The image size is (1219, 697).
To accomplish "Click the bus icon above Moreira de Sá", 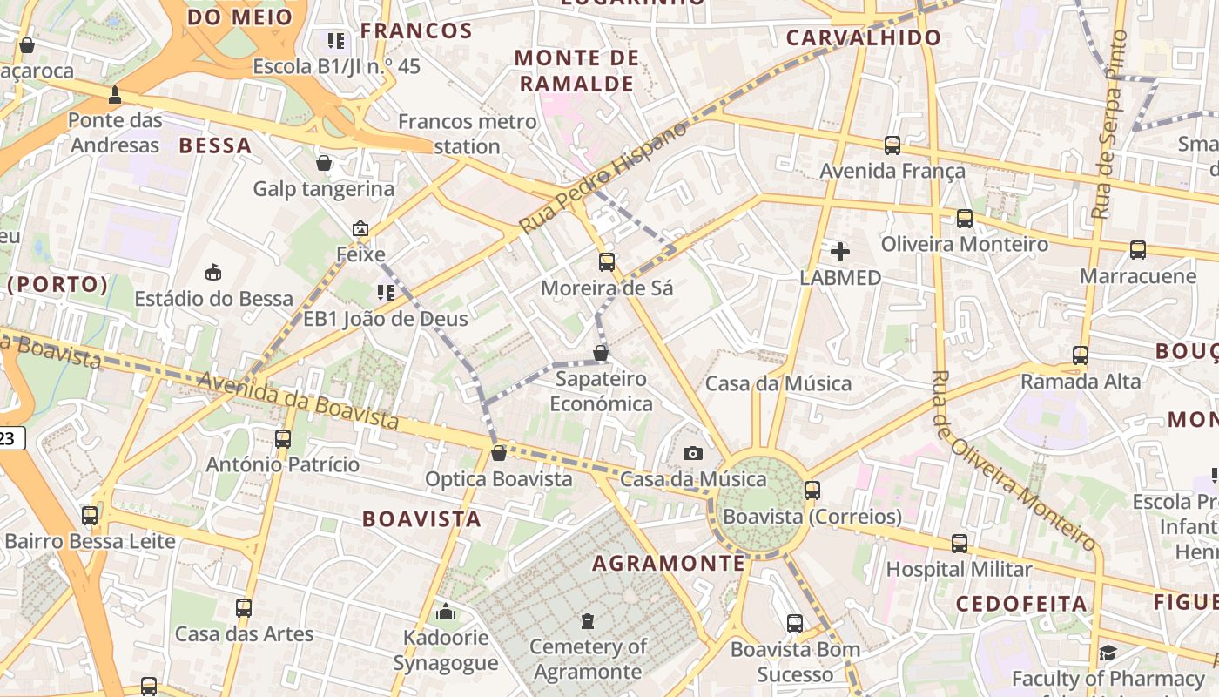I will tap(607, 261).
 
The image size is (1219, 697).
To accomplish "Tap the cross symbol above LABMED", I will tap(840, 252).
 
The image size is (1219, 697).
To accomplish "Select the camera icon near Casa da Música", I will tap(693, 453).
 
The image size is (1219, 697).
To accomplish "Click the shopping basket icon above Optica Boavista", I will tap(499, 453).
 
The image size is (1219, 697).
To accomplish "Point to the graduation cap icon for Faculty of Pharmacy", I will tap(1108, 653).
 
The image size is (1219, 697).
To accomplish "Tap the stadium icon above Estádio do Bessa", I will tap(213, 273).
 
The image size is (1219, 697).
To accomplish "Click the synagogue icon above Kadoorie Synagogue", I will tap(446, 612).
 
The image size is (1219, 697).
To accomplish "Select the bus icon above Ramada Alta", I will tap(1081, 355).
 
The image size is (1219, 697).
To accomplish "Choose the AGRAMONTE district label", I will tap(669, 563).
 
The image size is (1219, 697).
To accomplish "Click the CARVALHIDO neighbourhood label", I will tap(863, 37).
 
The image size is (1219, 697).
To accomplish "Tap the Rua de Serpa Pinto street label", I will tap(1109, 125).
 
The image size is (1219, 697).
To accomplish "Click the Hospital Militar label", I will tap(959, 570).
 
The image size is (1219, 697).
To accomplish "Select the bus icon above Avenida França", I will tap(892, 145).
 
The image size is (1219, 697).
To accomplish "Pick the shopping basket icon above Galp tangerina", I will tap(324, 163).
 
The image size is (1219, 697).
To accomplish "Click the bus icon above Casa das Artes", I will tap(244, 607).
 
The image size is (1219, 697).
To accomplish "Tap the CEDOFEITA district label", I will tap(1021, 604).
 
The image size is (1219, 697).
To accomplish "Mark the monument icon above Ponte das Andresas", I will tap(114, 94).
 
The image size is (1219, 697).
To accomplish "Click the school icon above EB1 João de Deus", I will tap(385, 293).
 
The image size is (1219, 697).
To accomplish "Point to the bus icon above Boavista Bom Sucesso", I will tap(795, 623).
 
